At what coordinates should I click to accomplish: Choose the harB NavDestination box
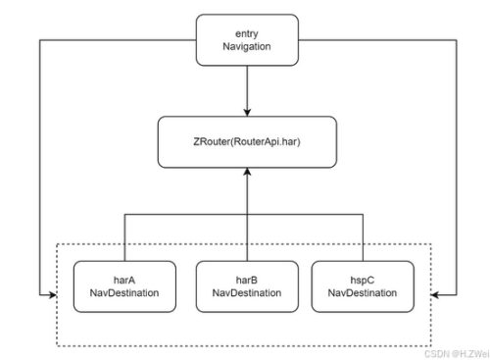(246, 284)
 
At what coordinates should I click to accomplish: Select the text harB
(246, 278)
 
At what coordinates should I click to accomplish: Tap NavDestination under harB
(246, 292)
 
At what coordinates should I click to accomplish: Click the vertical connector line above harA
(124, 236)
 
